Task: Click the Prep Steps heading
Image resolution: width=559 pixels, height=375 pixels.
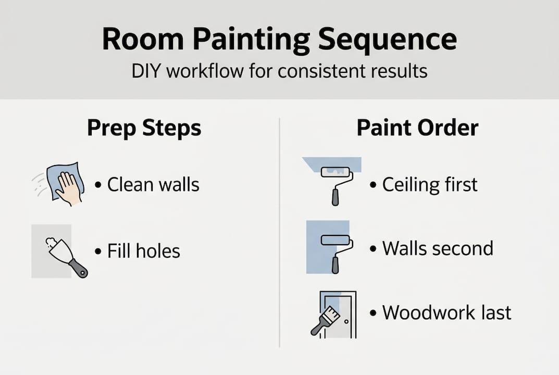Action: click(144, 128)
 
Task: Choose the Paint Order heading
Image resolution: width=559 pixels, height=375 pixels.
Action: click(417, 128)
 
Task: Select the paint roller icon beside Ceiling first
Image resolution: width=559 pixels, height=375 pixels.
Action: click(336, 182)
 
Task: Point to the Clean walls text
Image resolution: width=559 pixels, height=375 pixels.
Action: click(153, 184)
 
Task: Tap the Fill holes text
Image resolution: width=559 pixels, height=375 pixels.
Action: click(143, 251)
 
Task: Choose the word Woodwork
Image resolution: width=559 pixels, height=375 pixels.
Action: click(425, 312)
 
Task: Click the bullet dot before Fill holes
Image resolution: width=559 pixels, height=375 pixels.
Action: click(98, 252)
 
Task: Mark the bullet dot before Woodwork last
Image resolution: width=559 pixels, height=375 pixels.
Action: click(373, 313)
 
